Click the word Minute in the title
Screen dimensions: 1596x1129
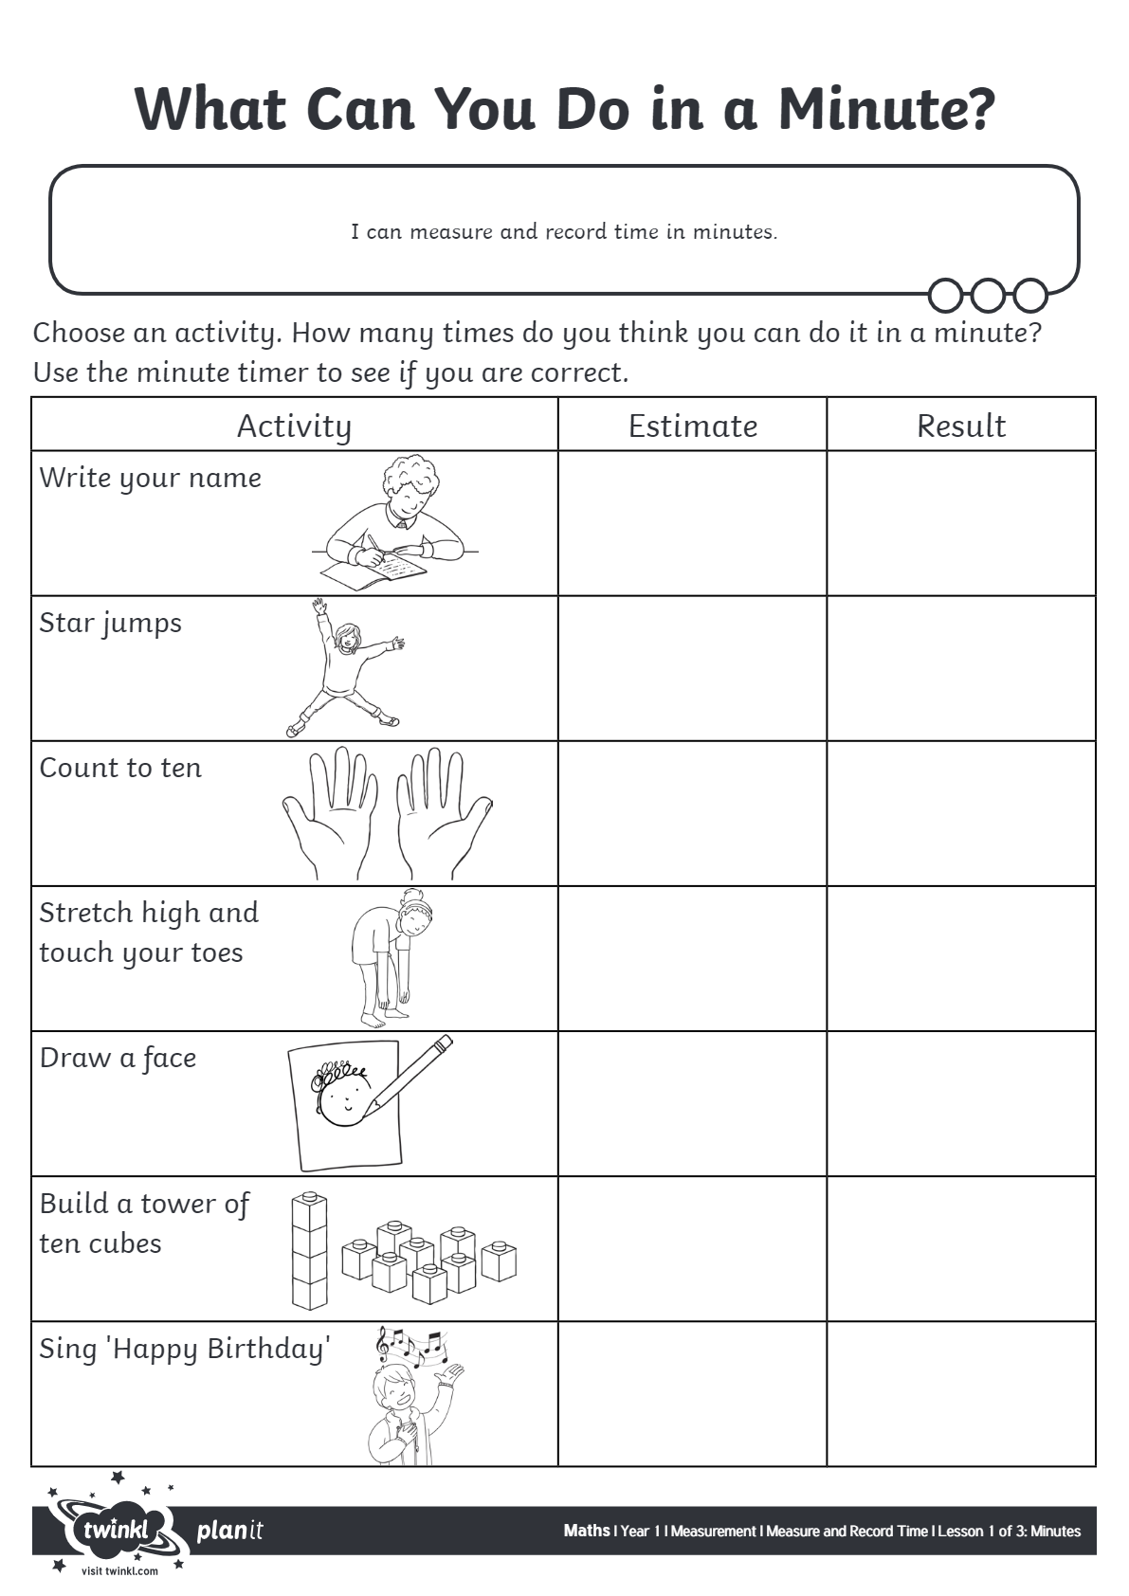(x=886, y=109)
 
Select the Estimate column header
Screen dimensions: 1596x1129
(x=693, y=426)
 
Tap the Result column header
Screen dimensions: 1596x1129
(x=961, y=426)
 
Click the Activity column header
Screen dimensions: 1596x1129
(x=294, y=426)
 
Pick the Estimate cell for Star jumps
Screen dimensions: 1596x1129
(x=693, y=668)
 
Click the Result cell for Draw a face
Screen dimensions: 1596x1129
(x=961, y=1104)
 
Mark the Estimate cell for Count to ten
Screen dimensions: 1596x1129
(x=693, y=813)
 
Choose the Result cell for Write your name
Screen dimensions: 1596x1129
(x=961, y=523)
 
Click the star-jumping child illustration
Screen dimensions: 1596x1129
(x=346, y=668)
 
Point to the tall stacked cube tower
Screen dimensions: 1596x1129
(x=309, y=1251)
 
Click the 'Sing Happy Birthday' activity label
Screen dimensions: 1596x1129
(x=185, y=1349)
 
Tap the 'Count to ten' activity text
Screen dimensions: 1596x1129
(x=120, y=768)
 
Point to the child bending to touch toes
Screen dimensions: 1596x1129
(x=389, y=957)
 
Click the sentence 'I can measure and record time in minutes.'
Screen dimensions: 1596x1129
(x=564, y=231)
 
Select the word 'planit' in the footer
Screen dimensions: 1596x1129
(x=229, y=1531)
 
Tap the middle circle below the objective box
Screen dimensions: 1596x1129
(x=988, y=296)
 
